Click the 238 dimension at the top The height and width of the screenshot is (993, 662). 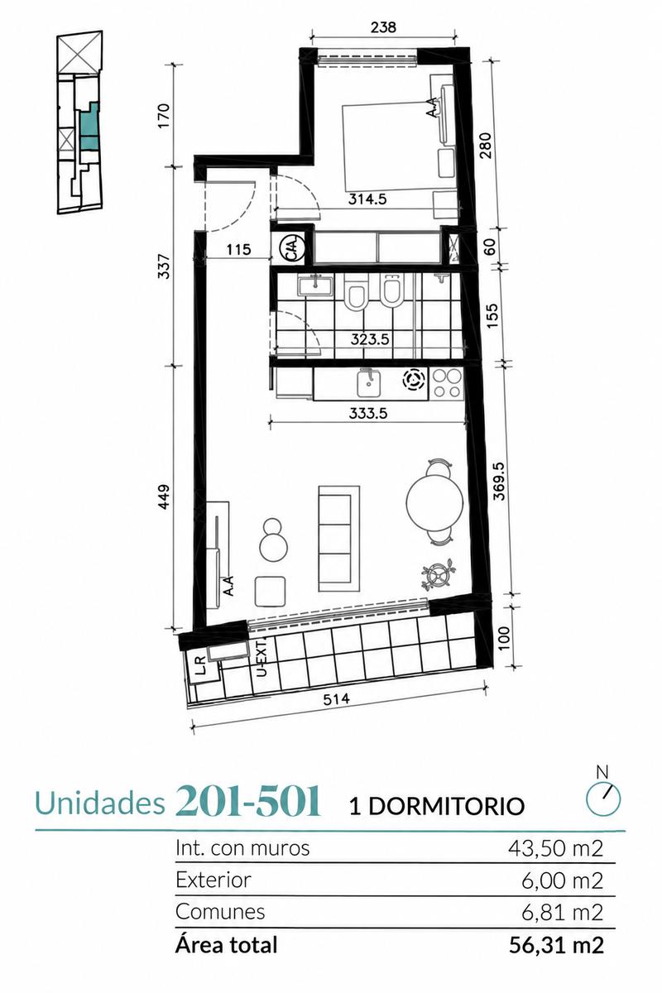(383, 27)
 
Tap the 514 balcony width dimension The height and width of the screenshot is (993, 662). (336, 699)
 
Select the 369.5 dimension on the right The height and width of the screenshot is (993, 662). (500, 481)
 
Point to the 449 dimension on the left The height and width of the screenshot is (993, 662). (164, 496)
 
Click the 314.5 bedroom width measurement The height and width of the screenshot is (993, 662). (367, 199)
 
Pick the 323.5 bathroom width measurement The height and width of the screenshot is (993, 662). (370, 339)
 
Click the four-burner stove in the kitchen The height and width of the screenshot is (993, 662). (446, 383)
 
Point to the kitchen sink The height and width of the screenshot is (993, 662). (369, 383)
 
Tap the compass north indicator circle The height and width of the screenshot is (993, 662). (603, 798)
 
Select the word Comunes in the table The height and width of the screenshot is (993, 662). (220, 912)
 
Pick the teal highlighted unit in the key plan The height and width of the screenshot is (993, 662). (89, 126)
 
